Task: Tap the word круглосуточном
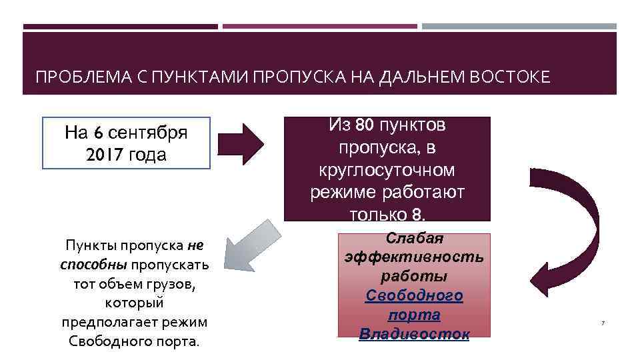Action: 387,170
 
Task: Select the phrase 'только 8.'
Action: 387,215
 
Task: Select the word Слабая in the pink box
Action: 415,238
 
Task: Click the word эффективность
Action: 414,257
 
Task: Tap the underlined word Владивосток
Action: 414,333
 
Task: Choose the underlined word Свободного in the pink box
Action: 414,295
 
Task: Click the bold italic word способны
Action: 93,265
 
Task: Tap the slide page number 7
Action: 603,323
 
